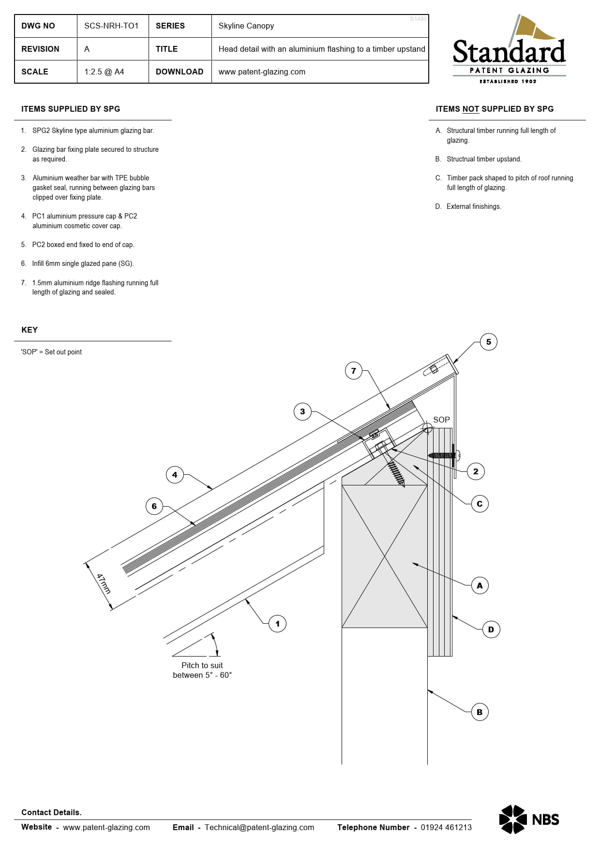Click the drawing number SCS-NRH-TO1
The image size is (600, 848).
[x=111, y=26]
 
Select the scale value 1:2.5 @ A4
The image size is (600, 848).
[x=104, y=72]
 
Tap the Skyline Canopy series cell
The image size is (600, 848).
[x=246, y=26]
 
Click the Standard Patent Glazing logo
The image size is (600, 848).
[x=509, y=51]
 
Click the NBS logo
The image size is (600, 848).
[x=529, y=819]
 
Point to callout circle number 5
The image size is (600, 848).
[x=488, y=342]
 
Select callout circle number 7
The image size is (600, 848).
[x=354, y=371]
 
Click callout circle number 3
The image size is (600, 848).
[x=302, y=411]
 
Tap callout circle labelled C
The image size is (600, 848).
[x=480, y=504]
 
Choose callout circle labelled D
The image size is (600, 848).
[x=491, y=629]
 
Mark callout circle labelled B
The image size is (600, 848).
[x=480, y=712]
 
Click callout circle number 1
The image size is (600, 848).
[x=277, y=624]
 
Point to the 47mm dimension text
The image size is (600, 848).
[x=104, y=584]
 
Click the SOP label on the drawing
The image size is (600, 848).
[x=441, y=420]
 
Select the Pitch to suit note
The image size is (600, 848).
[x=202, y=670]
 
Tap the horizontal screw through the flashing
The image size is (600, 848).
[x=442, y=455]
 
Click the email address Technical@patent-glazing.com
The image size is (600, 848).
[x=259, y=827]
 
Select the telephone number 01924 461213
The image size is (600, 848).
[x=446, y=827]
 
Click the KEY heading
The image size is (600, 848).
[x=30, y=330]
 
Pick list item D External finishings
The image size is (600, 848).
[x=473, y=206]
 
